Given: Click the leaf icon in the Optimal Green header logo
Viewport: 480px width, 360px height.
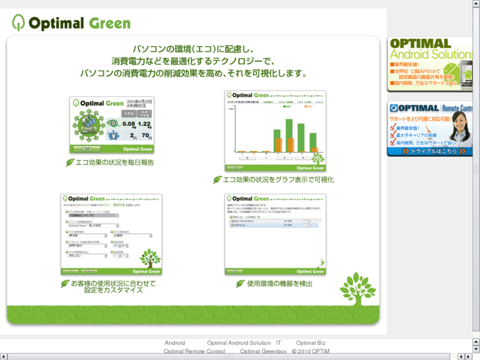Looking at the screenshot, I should click(18, 22).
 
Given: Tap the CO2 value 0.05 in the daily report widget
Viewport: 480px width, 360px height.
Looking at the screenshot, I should click(128, 124).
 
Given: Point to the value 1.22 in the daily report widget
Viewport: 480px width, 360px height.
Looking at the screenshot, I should click(144, 124).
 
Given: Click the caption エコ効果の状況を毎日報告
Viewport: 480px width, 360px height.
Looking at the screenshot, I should click(114, 162).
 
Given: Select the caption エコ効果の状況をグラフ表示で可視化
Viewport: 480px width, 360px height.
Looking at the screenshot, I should click(278, 180).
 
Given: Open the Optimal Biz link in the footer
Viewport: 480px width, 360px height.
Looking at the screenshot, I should click(310, 343).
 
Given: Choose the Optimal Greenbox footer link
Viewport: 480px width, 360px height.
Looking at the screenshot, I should click(263, 351).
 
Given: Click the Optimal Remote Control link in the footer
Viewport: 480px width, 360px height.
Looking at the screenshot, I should click(194, 351).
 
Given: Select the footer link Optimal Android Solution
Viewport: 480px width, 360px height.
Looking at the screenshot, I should click(238, 343).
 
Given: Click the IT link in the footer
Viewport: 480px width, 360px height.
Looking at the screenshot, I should click(279, 343).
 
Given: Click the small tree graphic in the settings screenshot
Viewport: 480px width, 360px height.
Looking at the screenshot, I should click(149, 258).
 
